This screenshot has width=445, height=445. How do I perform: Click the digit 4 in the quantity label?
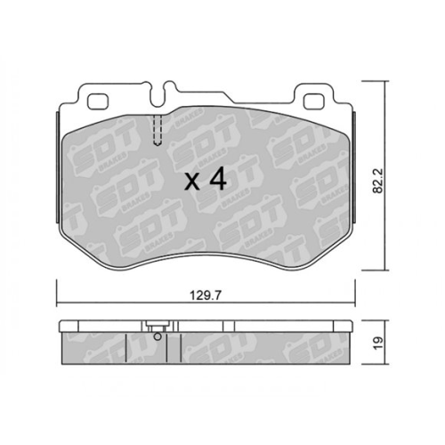tap(214, 181)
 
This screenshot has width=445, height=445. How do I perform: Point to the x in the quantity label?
tap(190, 182)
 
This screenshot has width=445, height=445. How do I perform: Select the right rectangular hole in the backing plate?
tap(313, 101)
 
